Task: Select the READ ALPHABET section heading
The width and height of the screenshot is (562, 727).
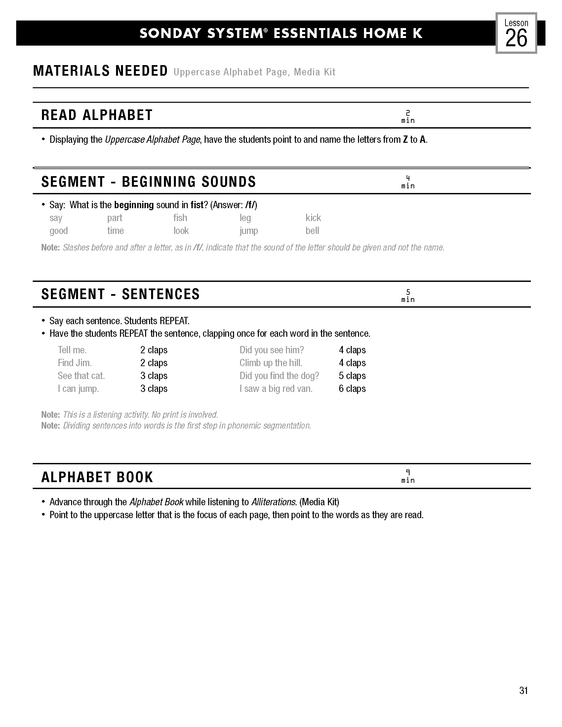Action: click(97, 115)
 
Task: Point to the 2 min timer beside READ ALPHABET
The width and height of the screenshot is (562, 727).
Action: click(408, 117)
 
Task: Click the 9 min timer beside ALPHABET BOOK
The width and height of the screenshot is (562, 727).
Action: click(408, 476)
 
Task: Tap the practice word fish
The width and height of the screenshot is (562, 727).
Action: click(180, 218)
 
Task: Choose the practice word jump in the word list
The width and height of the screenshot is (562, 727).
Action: click(249, 231)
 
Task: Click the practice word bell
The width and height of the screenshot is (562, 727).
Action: click(312, 231)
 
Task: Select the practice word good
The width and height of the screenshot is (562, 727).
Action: click(59, 231)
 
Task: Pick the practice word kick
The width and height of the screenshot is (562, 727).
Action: click(313, 218)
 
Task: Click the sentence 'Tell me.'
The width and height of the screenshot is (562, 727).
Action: click(72, 350)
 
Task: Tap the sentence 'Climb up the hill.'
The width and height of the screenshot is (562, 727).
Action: click(271, 363)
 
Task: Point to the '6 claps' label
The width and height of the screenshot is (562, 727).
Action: click(352, 389)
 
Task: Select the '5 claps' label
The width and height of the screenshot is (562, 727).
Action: click(352, 376)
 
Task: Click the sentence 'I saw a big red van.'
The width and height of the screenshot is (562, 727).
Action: click(276, 389)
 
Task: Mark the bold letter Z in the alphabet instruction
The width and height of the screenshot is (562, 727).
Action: click(405, 139)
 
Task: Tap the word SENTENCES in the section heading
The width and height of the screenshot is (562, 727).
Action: click(161, 294)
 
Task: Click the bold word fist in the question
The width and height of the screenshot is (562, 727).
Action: click(197, 205)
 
